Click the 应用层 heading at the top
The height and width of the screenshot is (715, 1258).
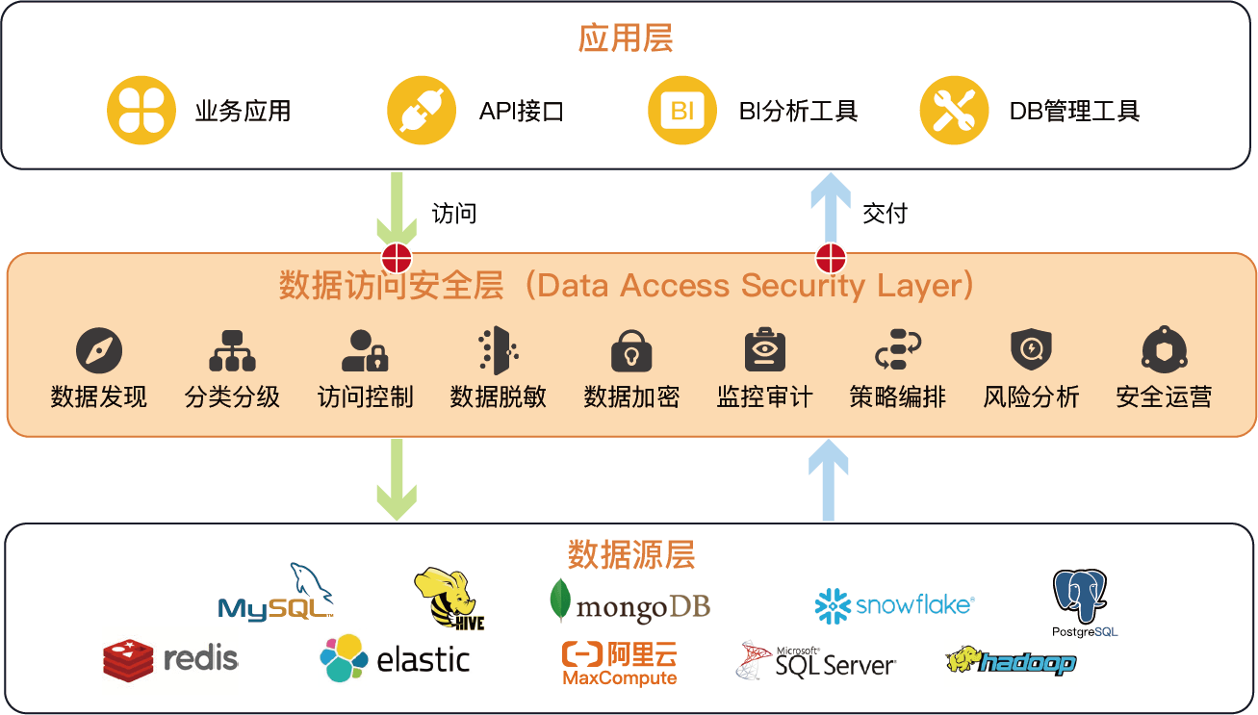coord(626,38)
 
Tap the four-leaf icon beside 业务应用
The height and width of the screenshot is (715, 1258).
coord(141,111)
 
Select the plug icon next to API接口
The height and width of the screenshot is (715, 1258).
coord(422,111)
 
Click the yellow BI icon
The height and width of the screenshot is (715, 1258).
coord(682,111)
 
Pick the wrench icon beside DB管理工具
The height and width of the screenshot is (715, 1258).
coord(954,111)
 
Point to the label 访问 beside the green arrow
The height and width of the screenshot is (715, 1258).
coord(454,213)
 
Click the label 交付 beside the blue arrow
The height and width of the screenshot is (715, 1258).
coord(885,213)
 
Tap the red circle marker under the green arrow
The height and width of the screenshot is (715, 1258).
coord(397,258)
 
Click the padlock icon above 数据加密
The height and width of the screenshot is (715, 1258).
coord(631,351)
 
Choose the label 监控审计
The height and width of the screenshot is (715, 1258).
coord(765,396)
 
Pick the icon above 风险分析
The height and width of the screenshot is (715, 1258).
coord(1031,350)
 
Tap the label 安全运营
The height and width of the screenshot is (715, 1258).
coord(1164,396)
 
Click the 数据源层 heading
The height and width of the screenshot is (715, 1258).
coord(631,555)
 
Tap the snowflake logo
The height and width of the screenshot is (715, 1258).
coord(894,605)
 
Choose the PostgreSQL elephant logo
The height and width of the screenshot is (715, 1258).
coord(1083,602)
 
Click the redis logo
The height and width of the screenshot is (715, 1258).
coord(170,658)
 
